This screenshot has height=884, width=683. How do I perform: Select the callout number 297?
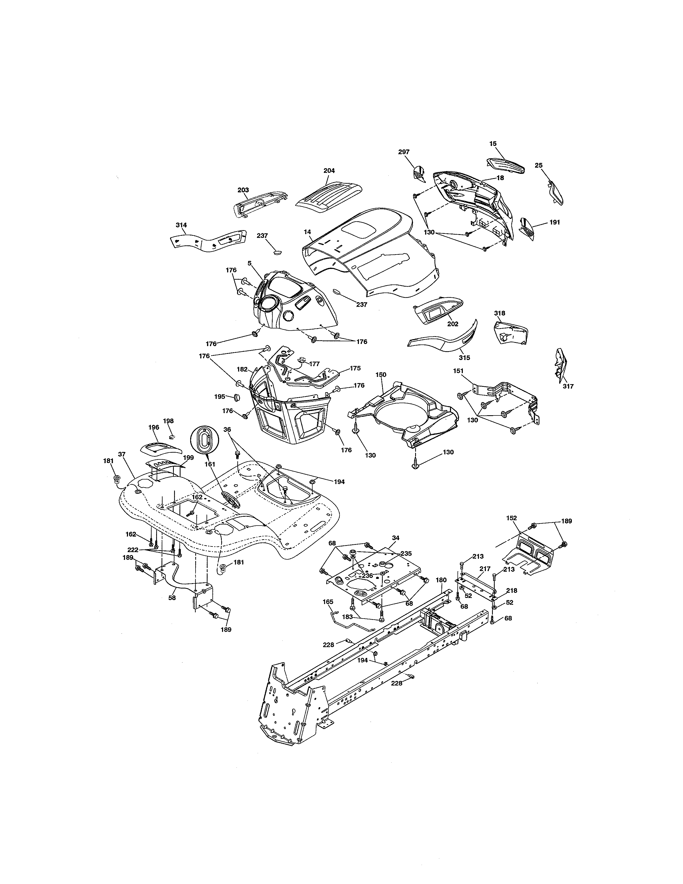(403, 152)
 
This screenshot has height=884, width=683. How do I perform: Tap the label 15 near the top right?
(493, 144)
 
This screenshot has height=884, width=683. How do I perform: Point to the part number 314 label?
(181, 225)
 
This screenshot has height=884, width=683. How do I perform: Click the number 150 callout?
(381, 375)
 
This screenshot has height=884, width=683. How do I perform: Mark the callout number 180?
(441, 580)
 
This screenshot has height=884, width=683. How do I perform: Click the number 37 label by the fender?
(122, 454)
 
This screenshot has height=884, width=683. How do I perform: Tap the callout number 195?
(220, 397)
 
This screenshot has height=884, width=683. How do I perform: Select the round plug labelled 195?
(237, 397)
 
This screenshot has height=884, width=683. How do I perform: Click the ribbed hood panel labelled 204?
(329, 196)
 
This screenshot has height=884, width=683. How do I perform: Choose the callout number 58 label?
(172, 597)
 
